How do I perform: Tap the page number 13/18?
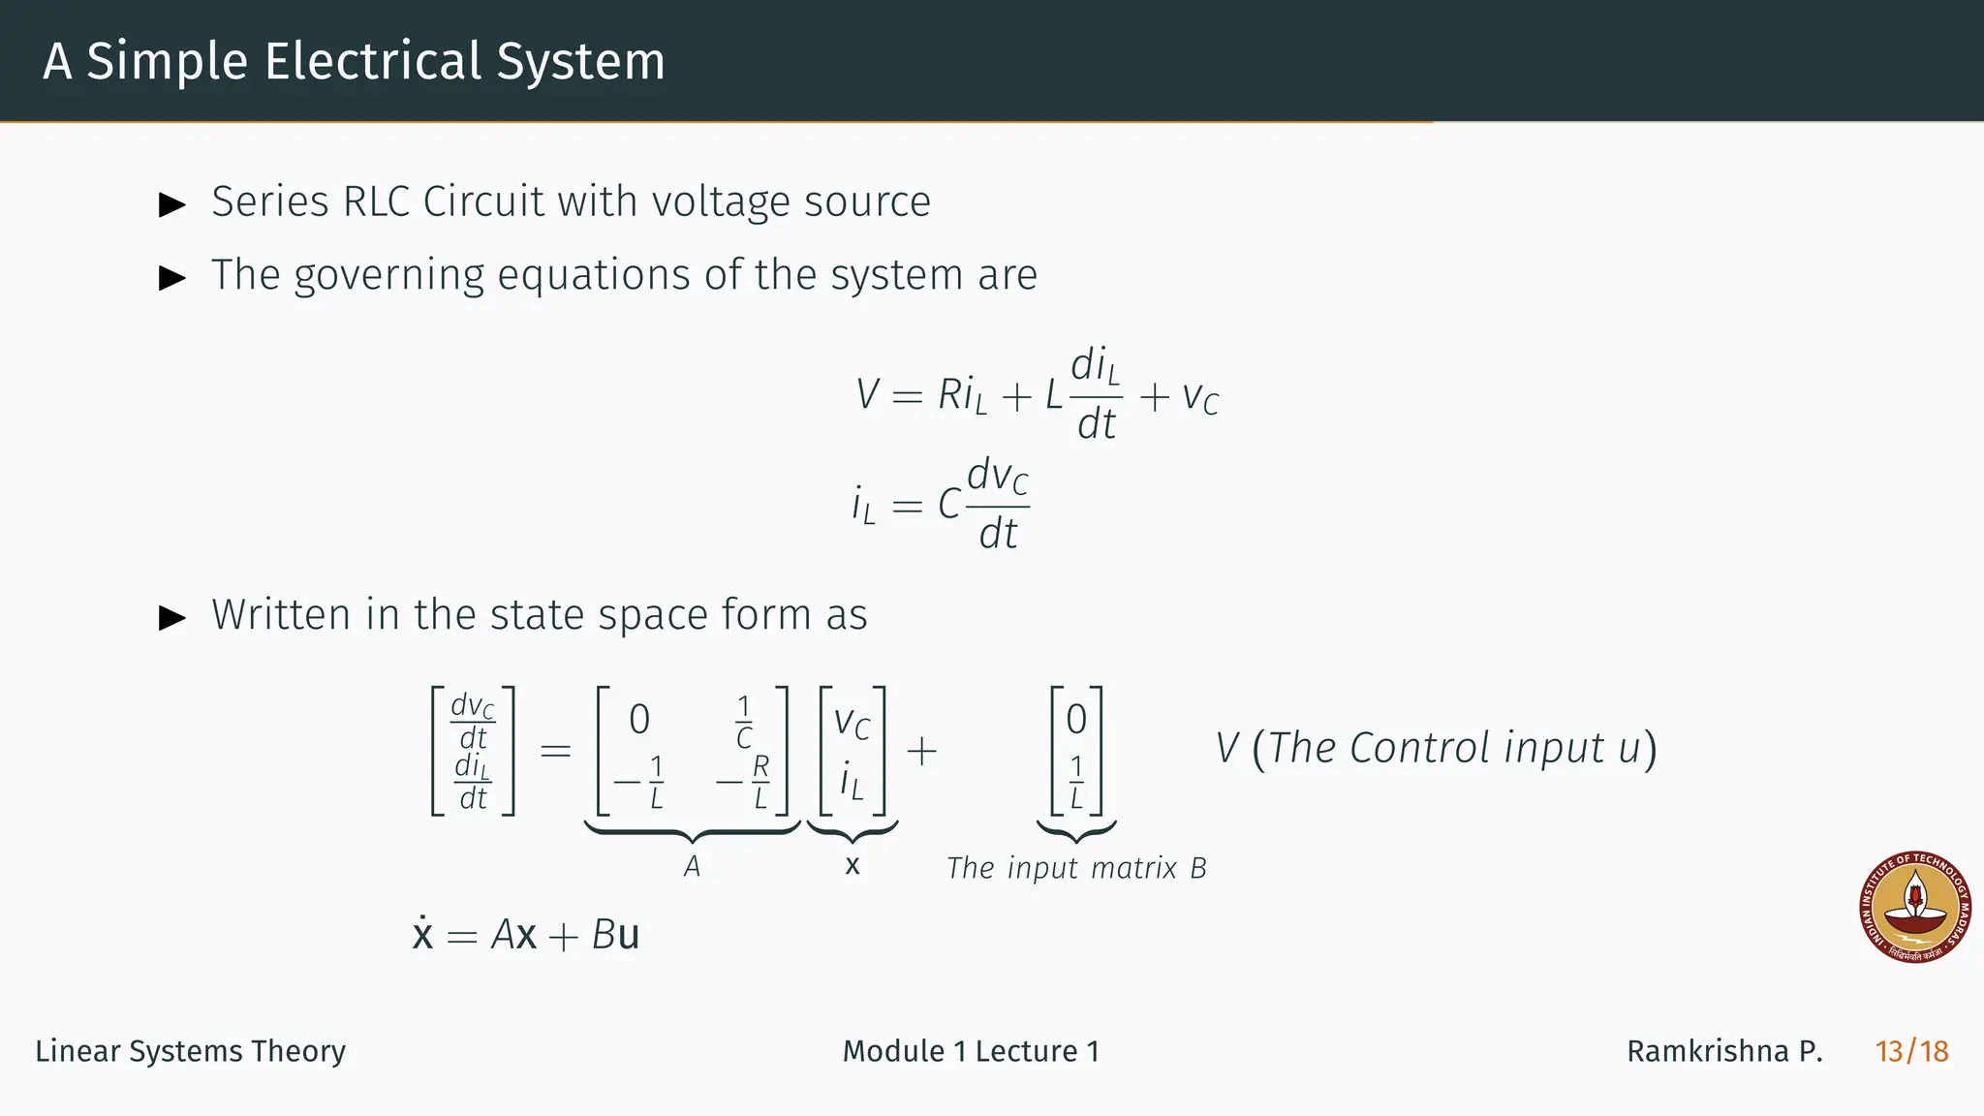click(1911, 1051)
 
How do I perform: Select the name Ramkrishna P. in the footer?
click(1724, 1051)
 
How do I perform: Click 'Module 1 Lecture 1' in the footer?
click(971, 1051)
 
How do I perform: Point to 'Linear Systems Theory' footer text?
click(190, 1051)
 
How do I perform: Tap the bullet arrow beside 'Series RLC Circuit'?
click(172, 204)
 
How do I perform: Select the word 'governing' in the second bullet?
click(387, 276)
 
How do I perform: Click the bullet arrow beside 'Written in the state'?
click(172, 617)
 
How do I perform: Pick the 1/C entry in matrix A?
click(743, 722)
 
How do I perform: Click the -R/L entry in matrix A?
click(744, 782)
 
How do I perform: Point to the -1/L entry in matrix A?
click(640, 782)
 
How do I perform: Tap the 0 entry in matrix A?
click(639, 720)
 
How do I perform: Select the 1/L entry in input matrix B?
click(1076, 782)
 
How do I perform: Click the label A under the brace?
click(692, 866)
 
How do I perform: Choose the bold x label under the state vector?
click(852, 865)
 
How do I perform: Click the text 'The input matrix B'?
click(1075, 868)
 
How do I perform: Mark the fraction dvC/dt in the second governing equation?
click(998, 504)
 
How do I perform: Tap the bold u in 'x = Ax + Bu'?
click(628, 936)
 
